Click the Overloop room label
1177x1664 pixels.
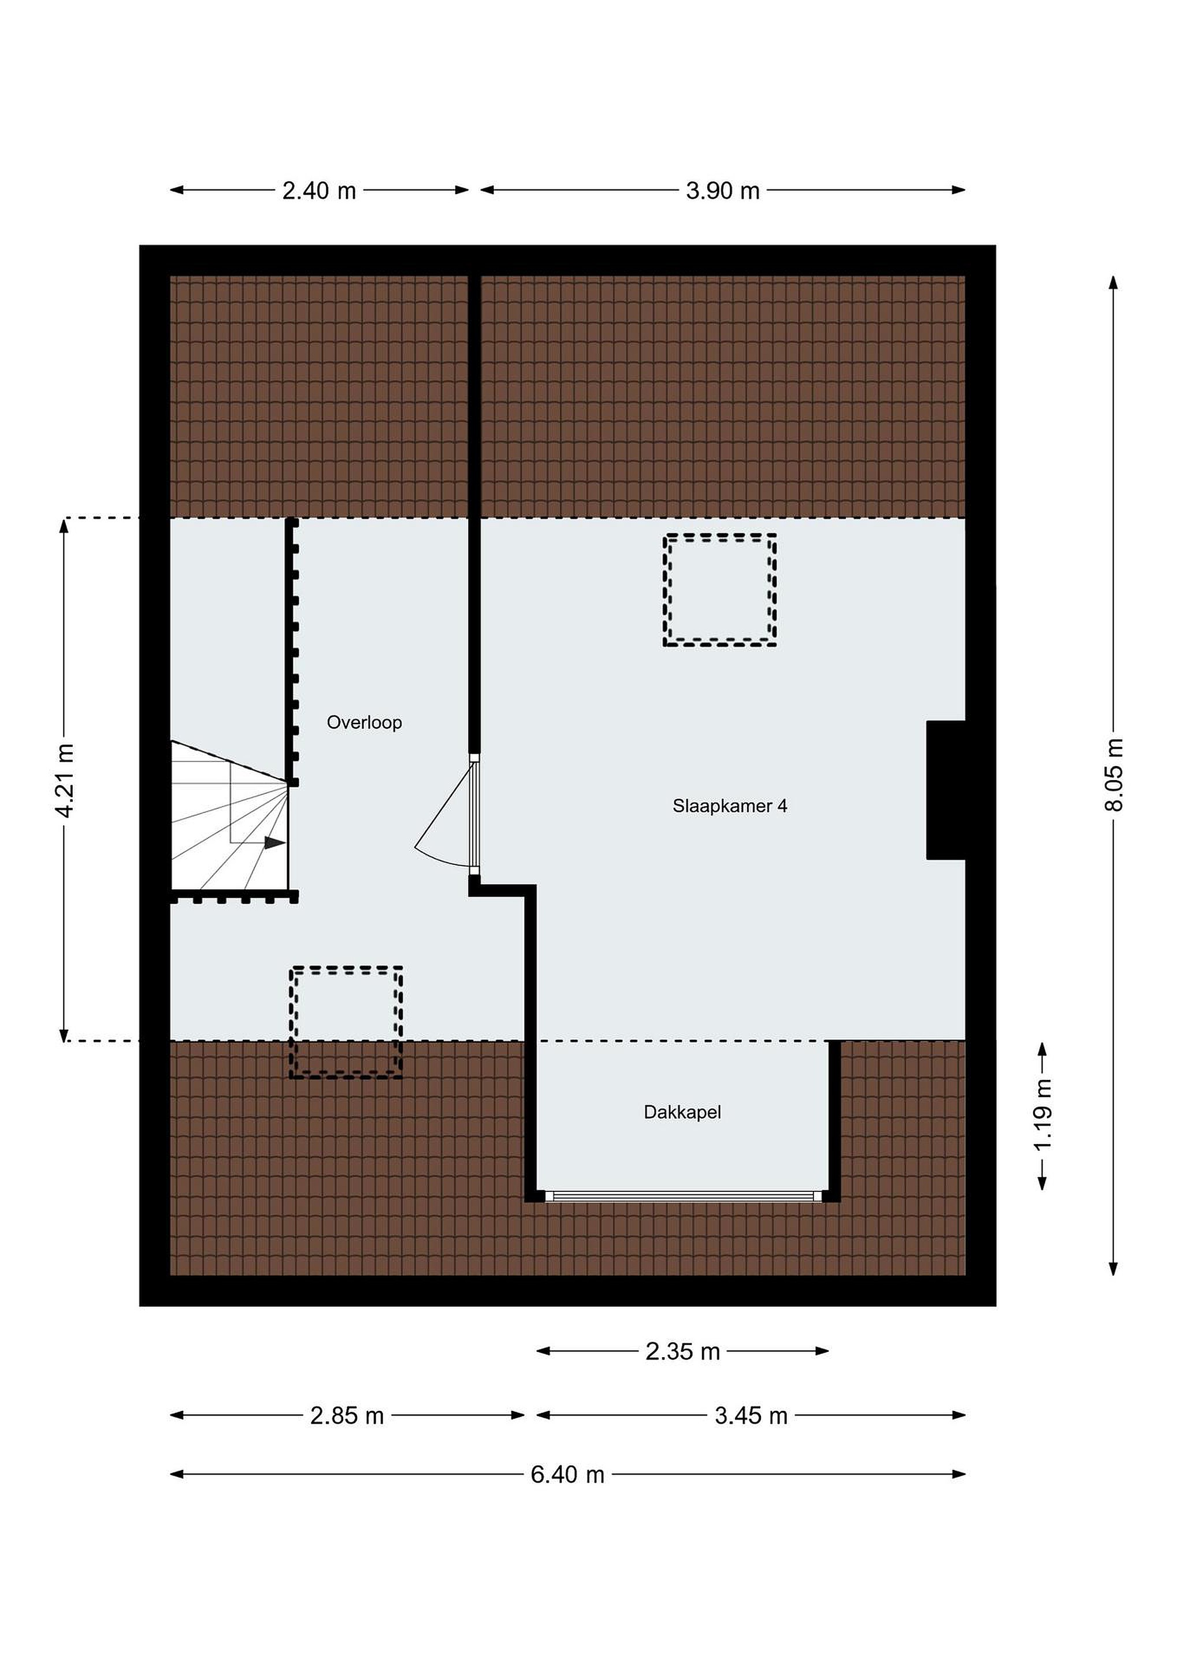click(364, 723)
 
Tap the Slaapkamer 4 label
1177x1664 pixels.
click(730, 806)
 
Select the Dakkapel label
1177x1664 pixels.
click(682, 1112)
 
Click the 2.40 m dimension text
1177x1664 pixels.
click(319, 191)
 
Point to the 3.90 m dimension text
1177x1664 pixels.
click(723, 191)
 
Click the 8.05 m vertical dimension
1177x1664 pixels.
click(1114, 775)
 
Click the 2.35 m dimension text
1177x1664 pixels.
click(683, 1351)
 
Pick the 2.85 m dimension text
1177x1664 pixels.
click(347, 1416)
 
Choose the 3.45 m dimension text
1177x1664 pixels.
click(751, 1416)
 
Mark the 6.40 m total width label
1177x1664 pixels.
click(567, 1474)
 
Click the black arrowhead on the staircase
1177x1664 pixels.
click(274, 842)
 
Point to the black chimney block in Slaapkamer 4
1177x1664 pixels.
click(946, 790)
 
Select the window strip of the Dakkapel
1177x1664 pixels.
click(684, 1197)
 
